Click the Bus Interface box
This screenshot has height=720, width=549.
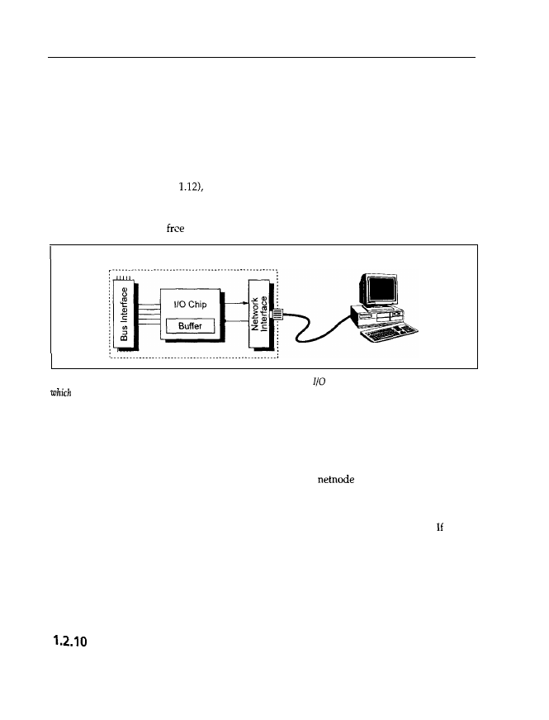125,315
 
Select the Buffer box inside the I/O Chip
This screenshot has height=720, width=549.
191,326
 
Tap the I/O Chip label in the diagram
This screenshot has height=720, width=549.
191,303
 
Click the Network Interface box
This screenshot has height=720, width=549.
259,315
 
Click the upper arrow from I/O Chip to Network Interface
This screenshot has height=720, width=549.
234,303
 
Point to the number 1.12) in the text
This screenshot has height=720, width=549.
182,188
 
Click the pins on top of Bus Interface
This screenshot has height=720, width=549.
125,278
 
